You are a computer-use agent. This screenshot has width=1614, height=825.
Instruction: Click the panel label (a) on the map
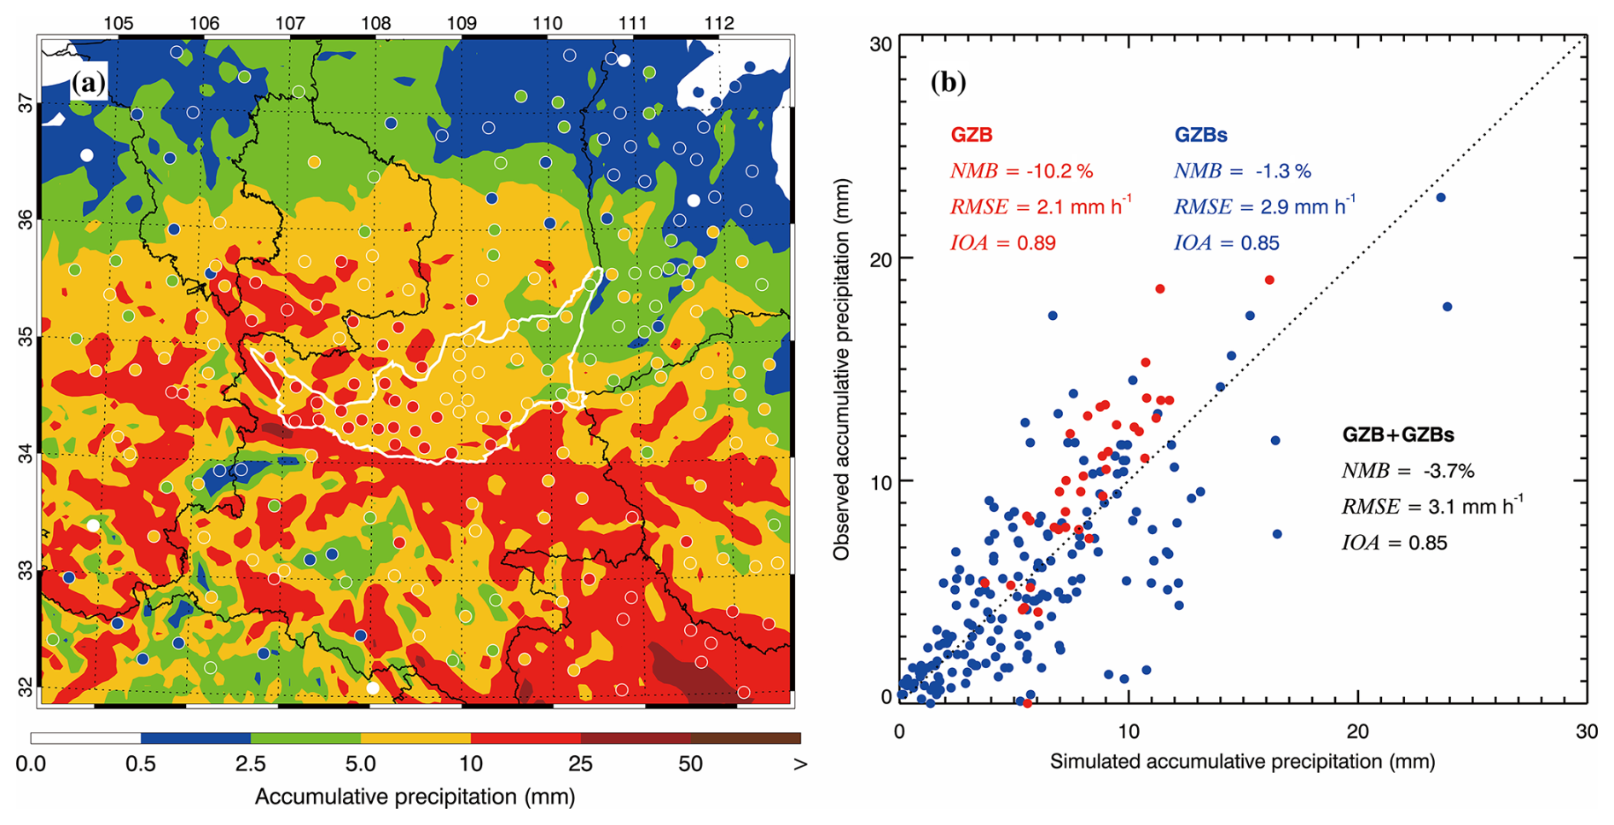coord(89,84)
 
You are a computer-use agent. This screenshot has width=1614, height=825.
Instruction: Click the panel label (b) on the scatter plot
coord(949,82)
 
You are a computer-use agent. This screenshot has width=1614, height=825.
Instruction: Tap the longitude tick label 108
coord(375,22)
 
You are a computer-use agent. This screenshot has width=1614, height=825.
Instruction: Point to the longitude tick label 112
coord(719,22)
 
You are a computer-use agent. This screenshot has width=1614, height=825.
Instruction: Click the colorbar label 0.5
coord(141,764)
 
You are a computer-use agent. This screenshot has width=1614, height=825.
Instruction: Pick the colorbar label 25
coord(580,764)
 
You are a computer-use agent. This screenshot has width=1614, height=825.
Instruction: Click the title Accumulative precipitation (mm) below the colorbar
coord(415,797)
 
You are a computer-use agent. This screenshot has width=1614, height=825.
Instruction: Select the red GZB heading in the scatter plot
coord(971,135)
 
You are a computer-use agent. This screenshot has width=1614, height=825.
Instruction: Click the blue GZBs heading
coord(1200,135)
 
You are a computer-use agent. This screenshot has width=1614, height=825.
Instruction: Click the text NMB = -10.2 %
coord(1021,171)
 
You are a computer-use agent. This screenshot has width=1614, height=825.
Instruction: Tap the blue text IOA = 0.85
coord(1227,243)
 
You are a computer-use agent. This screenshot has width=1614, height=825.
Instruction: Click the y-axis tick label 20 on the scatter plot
coord(880,259)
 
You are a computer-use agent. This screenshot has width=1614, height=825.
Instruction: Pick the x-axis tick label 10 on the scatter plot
coord(1128,731)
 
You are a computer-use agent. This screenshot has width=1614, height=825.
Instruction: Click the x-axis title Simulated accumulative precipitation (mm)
coord(1242,761)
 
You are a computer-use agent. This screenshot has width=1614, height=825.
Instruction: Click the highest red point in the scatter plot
coord(1269,280)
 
